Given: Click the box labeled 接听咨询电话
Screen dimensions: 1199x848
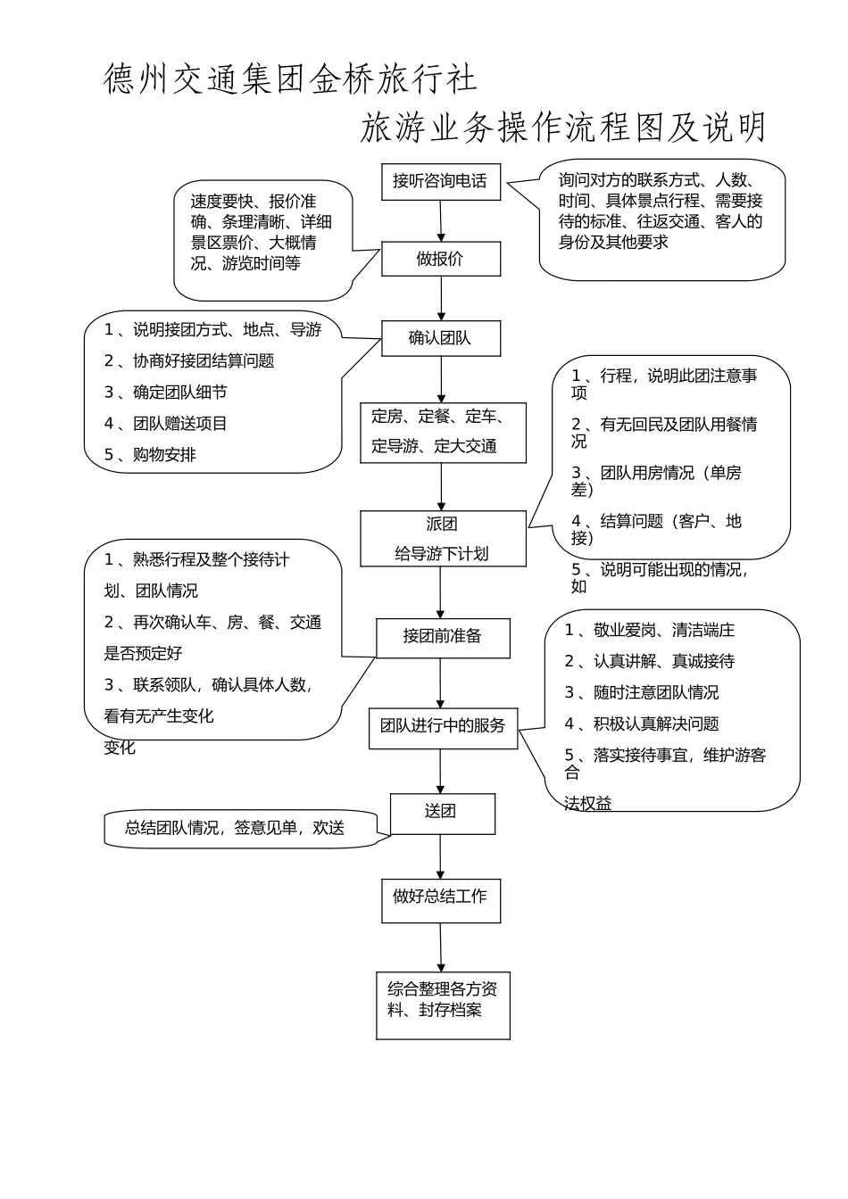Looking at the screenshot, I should (x=440, y=182).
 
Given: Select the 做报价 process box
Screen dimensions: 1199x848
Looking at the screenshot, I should (x=440, y=260).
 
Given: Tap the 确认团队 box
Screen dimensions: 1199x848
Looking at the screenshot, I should (x=440, y=339).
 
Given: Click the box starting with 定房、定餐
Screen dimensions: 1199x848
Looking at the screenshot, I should (x=443, y=433).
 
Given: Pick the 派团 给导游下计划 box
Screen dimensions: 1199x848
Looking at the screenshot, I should (x=443, y=539).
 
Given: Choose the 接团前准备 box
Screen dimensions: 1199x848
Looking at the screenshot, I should (x=443, y=637).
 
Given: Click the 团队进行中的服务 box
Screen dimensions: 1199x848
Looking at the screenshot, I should (x=443, y=727).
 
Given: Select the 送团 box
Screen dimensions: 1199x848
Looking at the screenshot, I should (x=441, y=812).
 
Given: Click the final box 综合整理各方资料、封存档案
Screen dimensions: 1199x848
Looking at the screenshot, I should (x=443, y=1005).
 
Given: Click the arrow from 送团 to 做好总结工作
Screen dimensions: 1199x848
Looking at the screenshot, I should (x=441, y=857).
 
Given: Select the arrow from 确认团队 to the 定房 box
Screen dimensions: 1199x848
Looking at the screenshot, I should (x=441, y=380).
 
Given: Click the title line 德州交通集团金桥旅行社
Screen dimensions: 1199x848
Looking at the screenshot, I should (x=291, y=79).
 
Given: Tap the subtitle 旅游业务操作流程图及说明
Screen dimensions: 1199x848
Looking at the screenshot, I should (x=563, y=128).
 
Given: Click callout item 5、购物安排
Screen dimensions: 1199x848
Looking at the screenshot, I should (x=150, y=455).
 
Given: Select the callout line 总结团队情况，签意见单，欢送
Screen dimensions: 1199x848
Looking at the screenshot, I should (x=235, y=829).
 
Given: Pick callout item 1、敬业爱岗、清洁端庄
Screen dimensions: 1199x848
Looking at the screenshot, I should (x=649, y=631).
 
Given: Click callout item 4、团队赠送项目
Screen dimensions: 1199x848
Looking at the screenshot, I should (x=166, y=424).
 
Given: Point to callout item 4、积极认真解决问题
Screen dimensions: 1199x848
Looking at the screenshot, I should (x=641, y=724).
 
